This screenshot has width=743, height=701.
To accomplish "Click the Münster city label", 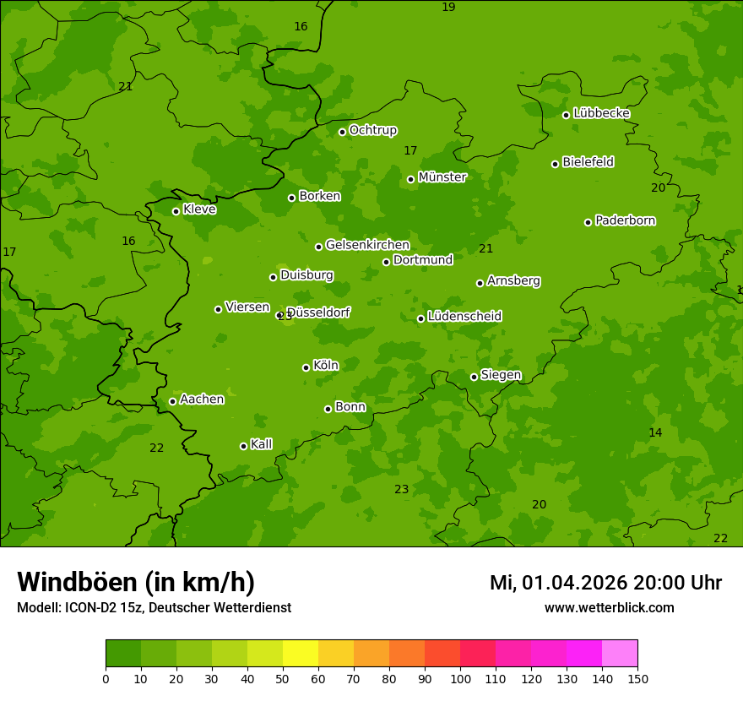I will coord(442,177).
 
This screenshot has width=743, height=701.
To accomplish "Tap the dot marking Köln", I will coord(306,367).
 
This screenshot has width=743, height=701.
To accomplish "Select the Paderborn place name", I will coord(625,220).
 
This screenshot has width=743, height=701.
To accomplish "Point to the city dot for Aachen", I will coord(172,401).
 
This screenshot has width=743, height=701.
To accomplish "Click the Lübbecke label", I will coord(601,113).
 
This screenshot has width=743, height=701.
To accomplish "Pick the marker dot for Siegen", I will coord(474,377).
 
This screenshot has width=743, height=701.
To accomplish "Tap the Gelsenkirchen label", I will coord(367,245).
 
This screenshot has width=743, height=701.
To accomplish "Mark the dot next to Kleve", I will coord(176,211).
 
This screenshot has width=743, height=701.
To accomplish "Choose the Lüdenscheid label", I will coord(464,317).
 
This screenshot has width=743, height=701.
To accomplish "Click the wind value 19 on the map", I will coord(448,7).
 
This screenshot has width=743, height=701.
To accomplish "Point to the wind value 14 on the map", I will coord(655,432).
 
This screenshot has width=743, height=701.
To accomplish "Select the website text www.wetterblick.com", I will coord(609,607).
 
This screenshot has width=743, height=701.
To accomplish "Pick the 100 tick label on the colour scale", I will coord(460,678).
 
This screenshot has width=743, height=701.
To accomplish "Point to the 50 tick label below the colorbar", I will coord(283,678).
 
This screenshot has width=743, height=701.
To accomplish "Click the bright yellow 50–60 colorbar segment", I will coord(301,654).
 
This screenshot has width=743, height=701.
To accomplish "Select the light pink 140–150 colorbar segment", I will coord(620,654).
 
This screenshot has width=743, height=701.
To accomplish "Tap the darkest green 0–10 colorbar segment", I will coord(123,654).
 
